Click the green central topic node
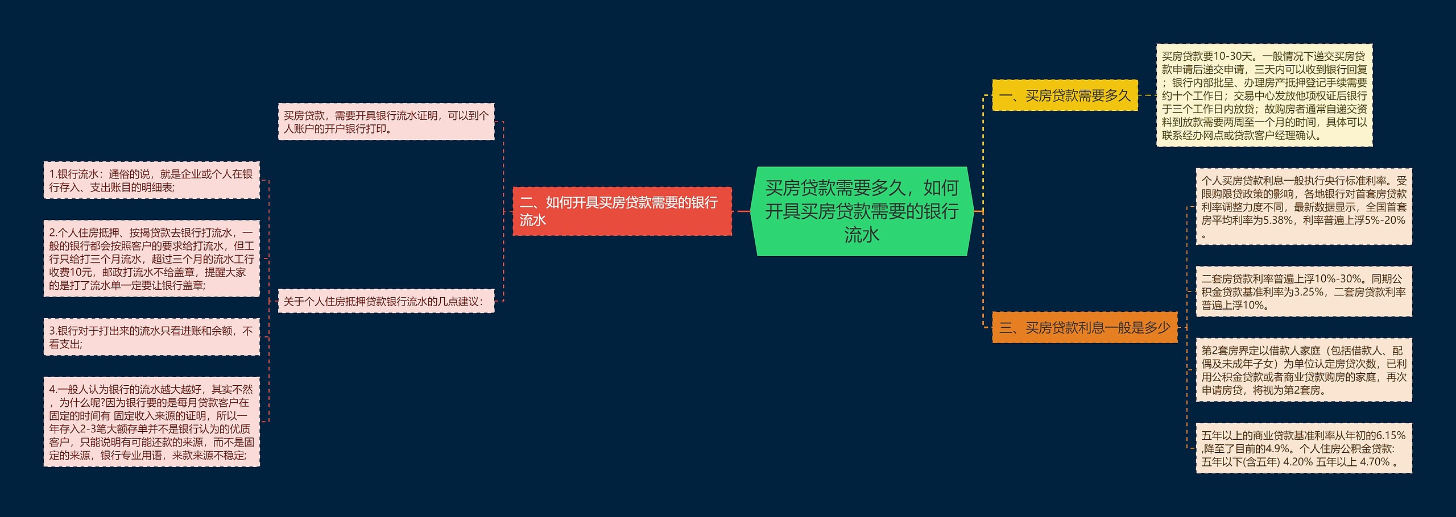[x=862, y=211]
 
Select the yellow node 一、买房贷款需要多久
[x=1065, y=95]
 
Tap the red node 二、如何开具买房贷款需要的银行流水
[x=622, y=211]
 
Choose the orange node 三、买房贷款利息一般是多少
[x=1084, y=328]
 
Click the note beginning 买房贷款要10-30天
[x=1264, y=95]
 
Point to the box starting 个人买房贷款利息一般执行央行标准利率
[x=1304, y=207]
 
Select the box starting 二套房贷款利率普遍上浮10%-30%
[x=1304, y=292]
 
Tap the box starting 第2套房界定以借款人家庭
[x=1304, y=370]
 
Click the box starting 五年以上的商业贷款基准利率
[x=1304, y=449]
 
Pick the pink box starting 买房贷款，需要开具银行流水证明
[x=386, y=122]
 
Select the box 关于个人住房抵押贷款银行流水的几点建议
[x=386, y=301]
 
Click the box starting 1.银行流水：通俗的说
[x=151, y=181]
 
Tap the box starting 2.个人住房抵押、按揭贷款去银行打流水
[x=151, y=259]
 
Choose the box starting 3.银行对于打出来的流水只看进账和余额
[x=151, y=337]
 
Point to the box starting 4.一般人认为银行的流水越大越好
[x=151, y=422]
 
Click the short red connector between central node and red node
[x=743, y=211]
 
